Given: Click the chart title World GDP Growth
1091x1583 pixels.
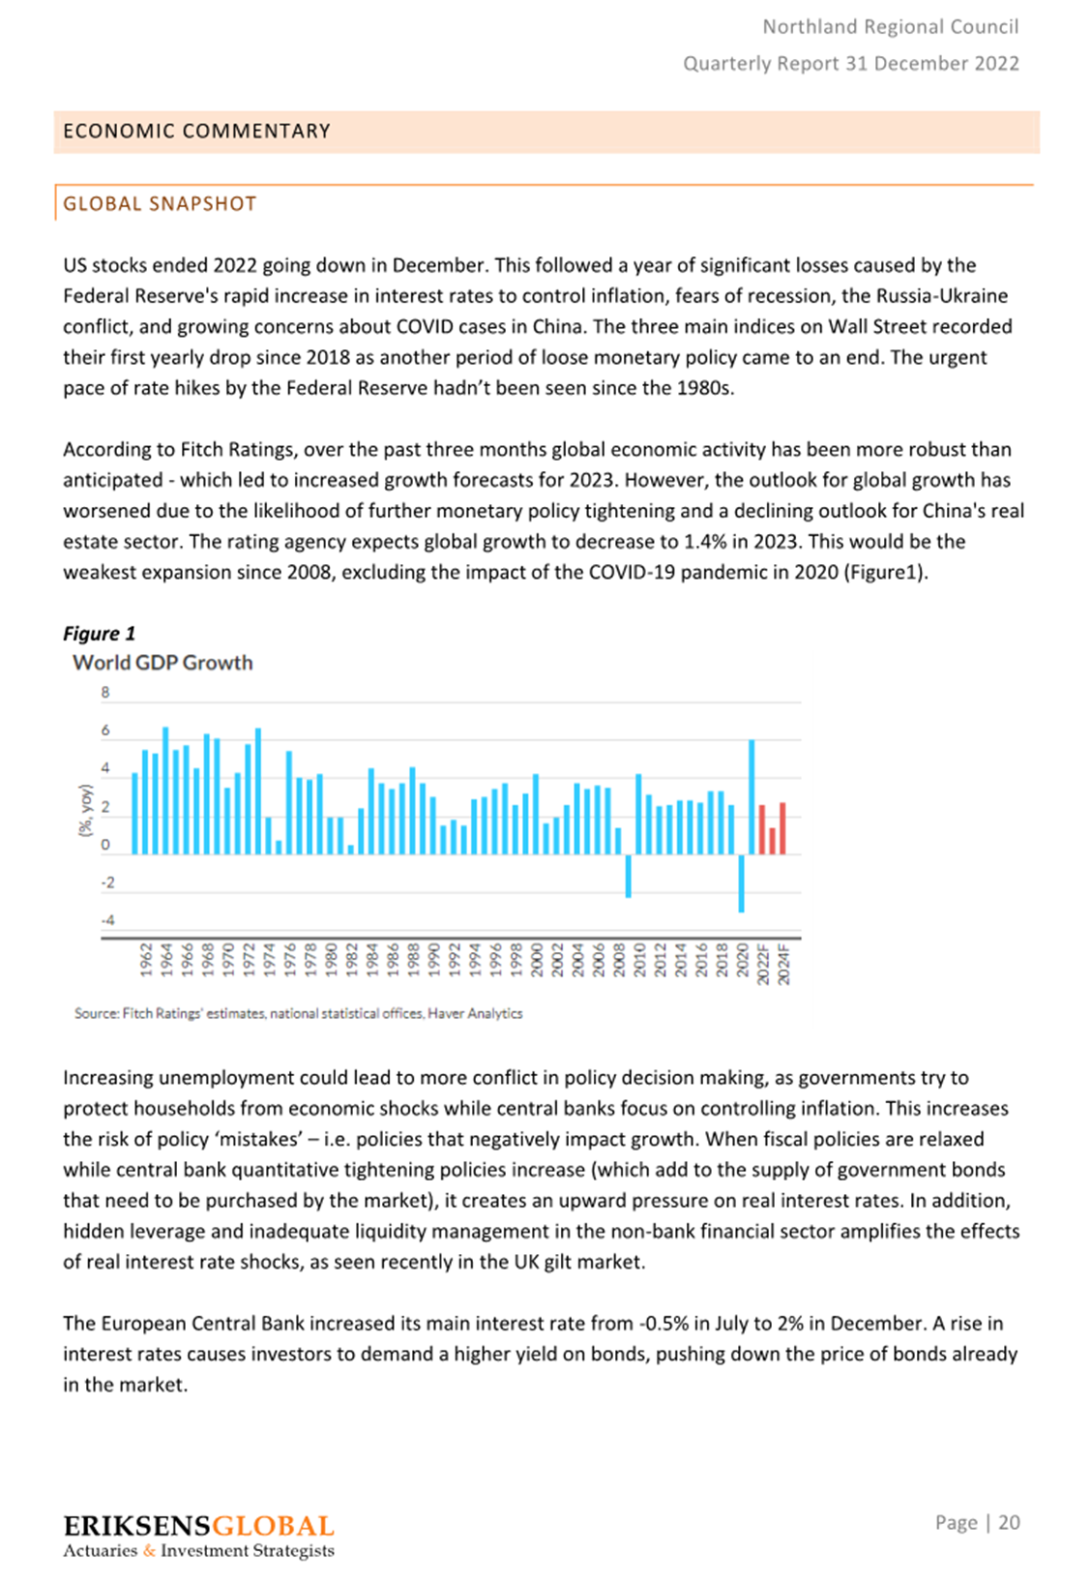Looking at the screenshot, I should pyautogui.click(x=162, y=663).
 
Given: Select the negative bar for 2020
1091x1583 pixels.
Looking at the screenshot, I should pyautogui.click(x=741, y=882).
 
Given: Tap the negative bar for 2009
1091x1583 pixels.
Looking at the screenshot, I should pyautogui.click(x=628, y=876).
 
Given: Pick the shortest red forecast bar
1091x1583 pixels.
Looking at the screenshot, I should pyautogui.click(x=772, y=841).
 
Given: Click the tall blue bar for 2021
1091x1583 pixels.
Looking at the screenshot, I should pyautogui.click(x=752, y=797).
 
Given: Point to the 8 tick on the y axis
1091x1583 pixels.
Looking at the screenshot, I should pyautogui.click(x=105, y=693).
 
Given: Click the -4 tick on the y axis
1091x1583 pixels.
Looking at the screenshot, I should pyautogui.click(x=107, y=920).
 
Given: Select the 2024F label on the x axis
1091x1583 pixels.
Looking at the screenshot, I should pyautogui.click(x=783, y=965).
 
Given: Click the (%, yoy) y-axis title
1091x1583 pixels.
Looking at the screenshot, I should pyautogui.click(x=86, y=810).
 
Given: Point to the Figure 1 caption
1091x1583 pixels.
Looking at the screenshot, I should pyautogui.click(x=99, y=634).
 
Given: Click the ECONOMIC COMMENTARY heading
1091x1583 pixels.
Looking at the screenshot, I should pyautogui.click(x=196, y=132).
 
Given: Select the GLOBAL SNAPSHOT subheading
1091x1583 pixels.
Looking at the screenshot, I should pyautogui.click(x=160, y=204).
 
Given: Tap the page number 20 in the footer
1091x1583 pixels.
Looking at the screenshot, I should pyautogui.click(x=1009, y=1523).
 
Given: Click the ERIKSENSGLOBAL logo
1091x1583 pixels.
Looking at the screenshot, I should pyautogui.click(x=198, y=1526).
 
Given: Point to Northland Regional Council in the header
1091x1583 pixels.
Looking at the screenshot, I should pyautogui.click(x=890, y=27).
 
